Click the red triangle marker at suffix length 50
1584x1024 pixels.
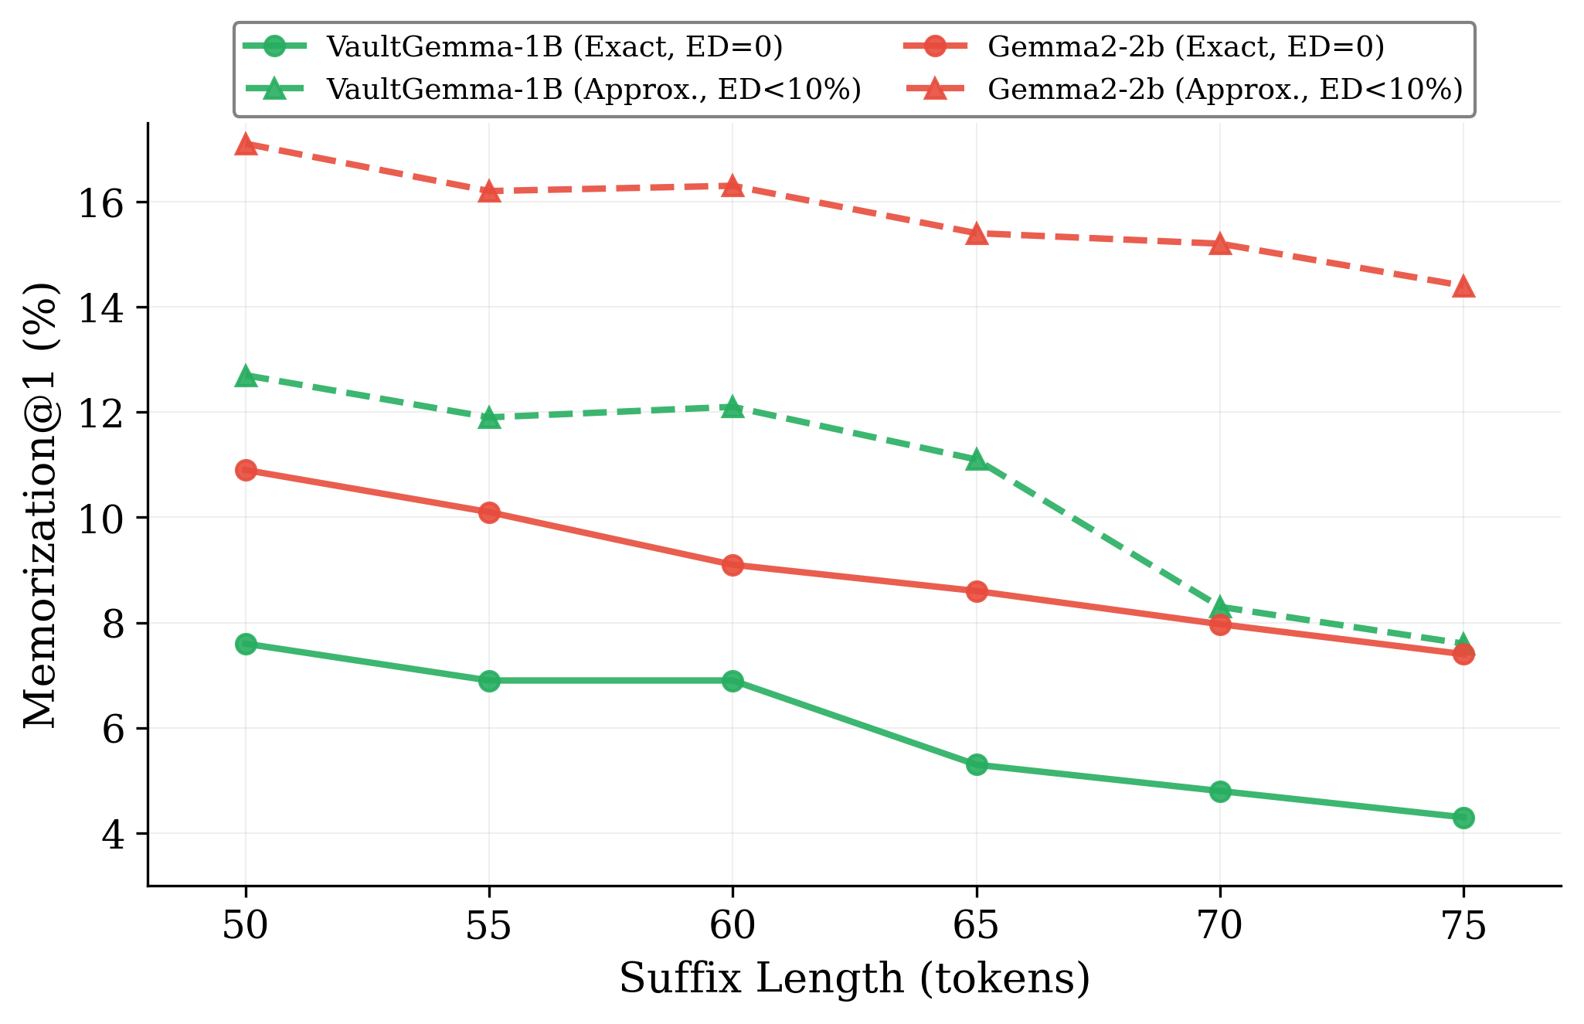pos(246,145)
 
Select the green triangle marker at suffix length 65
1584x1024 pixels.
pos(977,460)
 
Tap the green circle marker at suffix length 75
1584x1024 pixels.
pos(1463,818)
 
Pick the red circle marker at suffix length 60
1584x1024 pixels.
pos(733,565)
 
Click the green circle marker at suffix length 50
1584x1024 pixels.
pos(246,644)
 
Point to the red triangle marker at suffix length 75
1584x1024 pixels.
pos(1463,287)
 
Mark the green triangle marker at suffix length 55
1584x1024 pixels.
pos(489,418)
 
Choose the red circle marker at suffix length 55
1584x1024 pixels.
pos(489,512)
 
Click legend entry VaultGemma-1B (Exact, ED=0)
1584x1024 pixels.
pos(554,47)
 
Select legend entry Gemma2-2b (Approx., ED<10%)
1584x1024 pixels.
pos(1225,90)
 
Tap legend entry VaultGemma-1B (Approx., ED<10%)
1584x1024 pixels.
pos(593,90)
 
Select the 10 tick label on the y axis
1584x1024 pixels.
pos(101,518)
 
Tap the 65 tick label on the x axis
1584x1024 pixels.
pos(977,926)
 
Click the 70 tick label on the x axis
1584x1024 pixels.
pos(1220,926)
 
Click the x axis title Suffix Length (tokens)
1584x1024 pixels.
pos(855,979)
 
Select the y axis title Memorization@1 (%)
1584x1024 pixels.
pos(40,505)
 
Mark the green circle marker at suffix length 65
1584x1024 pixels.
pos(977,765)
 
